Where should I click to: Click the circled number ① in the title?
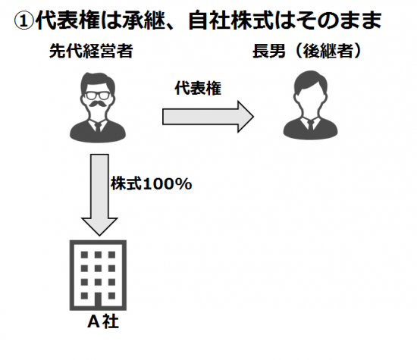pos(24,20)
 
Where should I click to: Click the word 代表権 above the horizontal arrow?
pos(198,88)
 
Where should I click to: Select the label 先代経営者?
pos(91,51)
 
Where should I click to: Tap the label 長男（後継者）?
pos(307,51)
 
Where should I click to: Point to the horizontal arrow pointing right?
pos(208,117)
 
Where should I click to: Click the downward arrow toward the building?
pos(99,195)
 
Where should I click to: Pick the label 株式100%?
pos(152,183)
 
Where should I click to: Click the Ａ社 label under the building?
pos(103,321)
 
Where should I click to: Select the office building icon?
pos(98,275)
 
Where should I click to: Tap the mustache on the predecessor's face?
pos(98,104)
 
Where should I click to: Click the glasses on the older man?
pos(98,95)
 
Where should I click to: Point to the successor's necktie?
pos(310,125)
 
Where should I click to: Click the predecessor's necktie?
pos(98,127)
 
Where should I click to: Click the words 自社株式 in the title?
pos(230,20)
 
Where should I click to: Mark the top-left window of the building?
pos(84,255)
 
